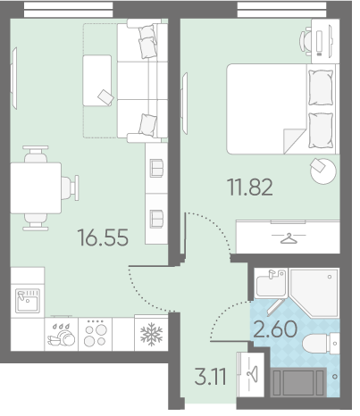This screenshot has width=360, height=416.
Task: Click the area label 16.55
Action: (x=103, y=237)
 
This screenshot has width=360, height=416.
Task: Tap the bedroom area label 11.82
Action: (x=250, y=187)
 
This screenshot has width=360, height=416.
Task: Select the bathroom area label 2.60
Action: (x=275, y=329)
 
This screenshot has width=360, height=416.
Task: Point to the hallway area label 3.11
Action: (x=210, y=376)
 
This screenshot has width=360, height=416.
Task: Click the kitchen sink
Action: (x=28, y=301)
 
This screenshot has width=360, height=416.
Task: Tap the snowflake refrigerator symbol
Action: (x=151, y=334)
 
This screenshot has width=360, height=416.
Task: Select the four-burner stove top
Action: (x=96, y=335)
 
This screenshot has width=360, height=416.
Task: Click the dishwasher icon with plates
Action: (x=61, y=336)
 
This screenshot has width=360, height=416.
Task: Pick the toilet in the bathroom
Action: (x=321, y=344)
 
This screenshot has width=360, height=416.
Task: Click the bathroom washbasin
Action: (x=271, y=284)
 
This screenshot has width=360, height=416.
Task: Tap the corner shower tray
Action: (x=314, y=292)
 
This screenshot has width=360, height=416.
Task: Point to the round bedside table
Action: (x=323, y=171)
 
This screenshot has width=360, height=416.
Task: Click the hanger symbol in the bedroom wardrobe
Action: (x=289, y=238)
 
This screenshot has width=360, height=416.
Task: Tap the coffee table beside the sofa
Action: (x=97, y=80)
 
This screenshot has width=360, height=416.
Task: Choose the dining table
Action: (x=36, y=188)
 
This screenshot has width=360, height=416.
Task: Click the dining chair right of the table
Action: (x=71, y=187)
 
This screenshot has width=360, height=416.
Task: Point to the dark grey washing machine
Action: (x=298, y=382)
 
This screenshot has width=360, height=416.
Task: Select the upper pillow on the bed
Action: (x=321, y=87)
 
